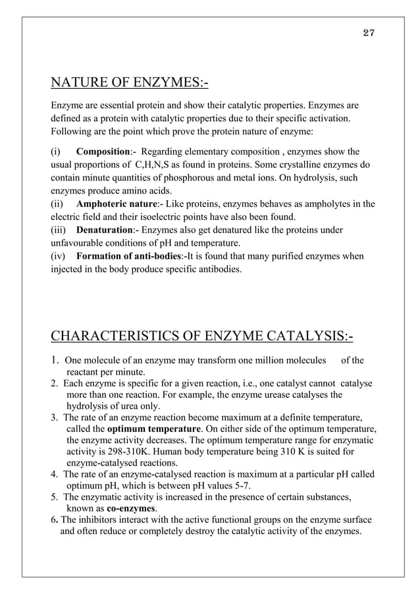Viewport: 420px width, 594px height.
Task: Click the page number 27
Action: tap(369, 34)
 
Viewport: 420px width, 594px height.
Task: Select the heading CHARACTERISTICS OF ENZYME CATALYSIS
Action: tap(201, 338)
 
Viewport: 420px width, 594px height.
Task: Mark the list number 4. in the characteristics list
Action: tap(55, 474)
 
